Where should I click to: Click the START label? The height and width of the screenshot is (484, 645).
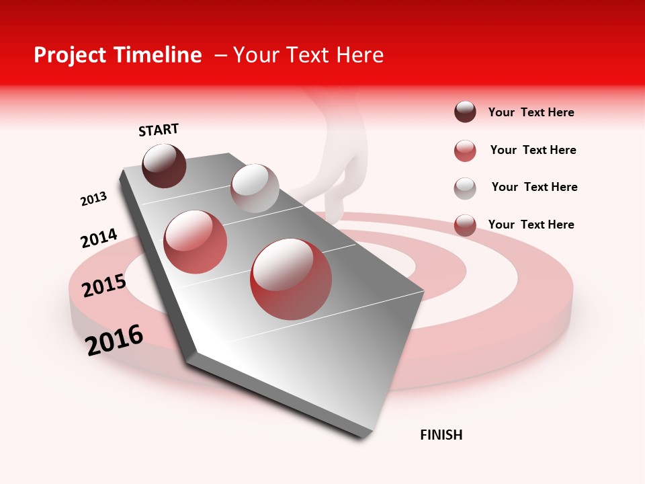(x=159, y=130)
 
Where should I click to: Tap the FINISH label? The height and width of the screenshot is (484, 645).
(x=441, y=435)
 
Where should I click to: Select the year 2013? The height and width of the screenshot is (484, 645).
(x=93, y=199)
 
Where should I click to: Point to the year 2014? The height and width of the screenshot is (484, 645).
(x=99, y=238)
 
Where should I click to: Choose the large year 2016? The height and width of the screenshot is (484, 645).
(x=114, y=339)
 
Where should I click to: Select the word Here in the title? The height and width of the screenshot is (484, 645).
(x=359, y=55)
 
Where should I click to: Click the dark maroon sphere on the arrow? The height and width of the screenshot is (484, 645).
(x=165, y=165)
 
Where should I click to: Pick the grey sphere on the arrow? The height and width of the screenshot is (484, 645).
(x=255, y=188)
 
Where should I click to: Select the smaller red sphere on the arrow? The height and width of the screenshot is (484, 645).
(x=196, y=241)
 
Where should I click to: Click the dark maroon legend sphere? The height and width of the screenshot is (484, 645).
(x=465, y=112)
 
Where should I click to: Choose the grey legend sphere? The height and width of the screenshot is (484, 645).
(x=465, y=188)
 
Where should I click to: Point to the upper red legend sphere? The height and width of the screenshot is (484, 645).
(x=465, y=151)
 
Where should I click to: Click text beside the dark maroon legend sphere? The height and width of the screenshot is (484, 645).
(x=531, y=113)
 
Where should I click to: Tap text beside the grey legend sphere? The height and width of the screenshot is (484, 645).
(x=534, y=187)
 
